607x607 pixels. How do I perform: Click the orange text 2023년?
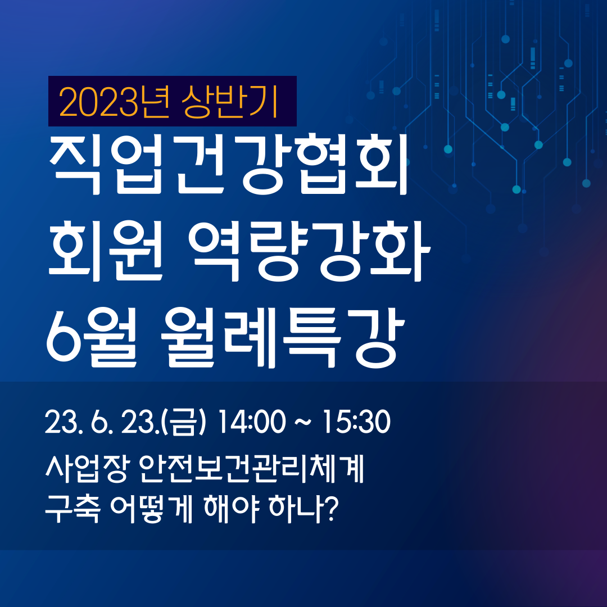pyautogui.click(x=114, y=102)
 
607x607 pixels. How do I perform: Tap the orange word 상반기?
pyautogui.click(x=231, y=101)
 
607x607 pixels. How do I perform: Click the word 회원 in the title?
pyautogui.click(x=105, y=250)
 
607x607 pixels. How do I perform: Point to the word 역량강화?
pyautogui.click(x=309, y=251)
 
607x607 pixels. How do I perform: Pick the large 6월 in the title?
pyautogui.click(x=92, y=337)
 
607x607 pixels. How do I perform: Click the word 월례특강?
pyautogui.click(x=283, y=337)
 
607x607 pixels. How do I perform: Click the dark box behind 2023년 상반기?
pyautogui.click(x=173, y=101)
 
